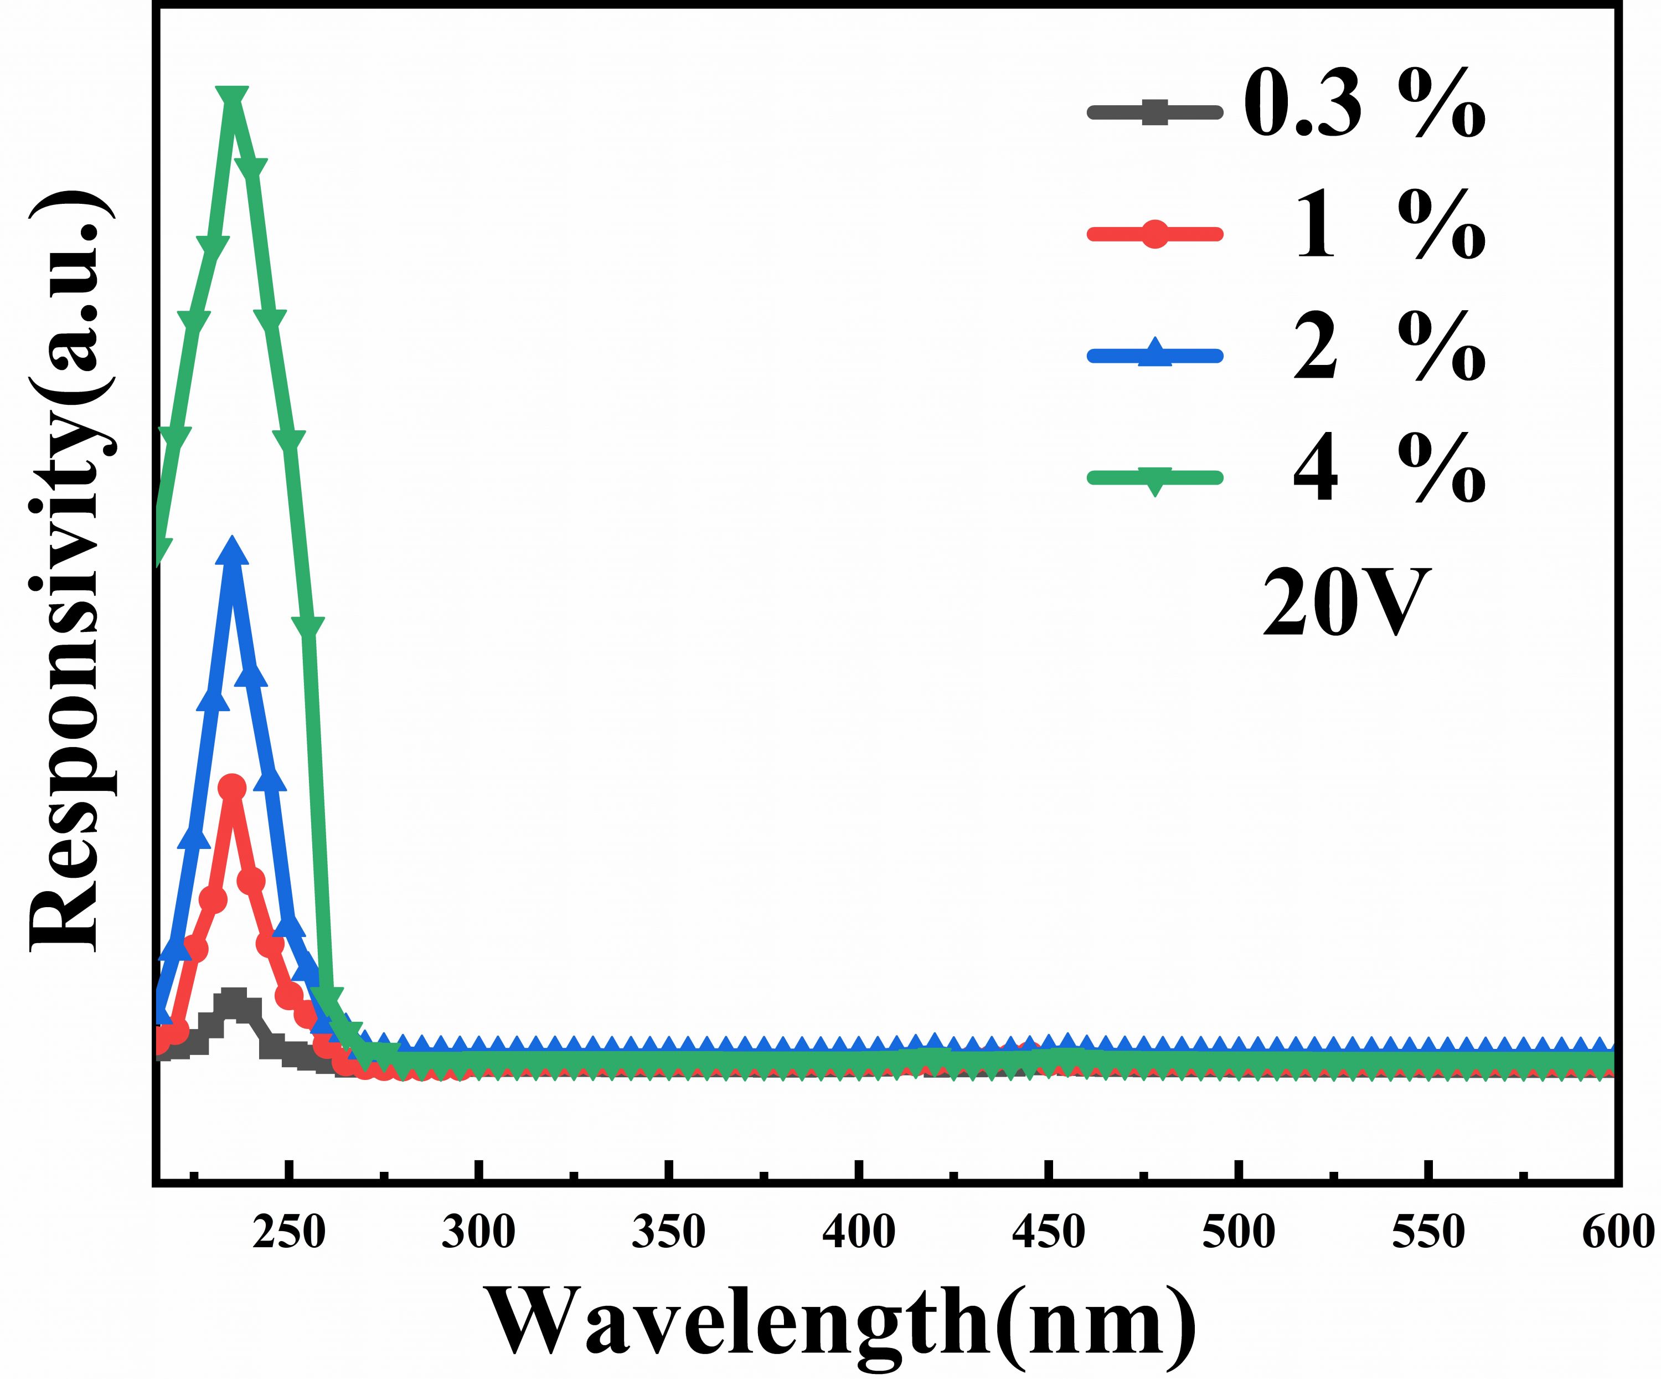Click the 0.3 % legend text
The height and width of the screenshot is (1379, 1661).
[1364, 107]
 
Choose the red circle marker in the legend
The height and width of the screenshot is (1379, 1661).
[1156, 234]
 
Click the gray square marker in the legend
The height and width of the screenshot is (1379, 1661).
[1156, 111]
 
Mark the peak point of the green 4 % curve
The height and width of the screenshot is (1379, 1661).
[233, 97]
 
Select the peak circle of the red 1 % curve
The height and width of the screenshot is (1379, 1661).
[233, 787]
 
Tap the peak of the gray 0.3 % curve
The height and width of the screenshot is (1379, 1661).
[233, 999]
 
